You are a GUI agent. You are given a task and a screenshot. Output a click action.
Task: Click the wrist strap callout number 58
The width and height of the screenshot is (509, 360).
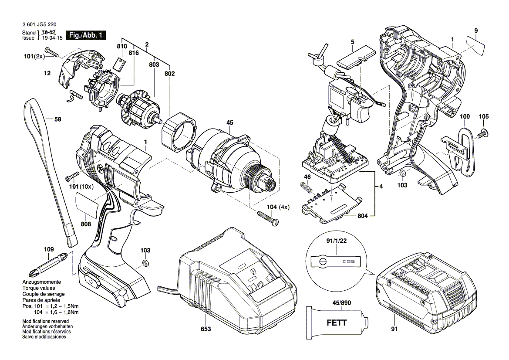[x=58, y=119]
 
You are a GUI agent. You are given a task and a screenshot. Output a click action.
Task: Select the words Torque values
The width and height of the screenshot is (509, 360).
[x=39, y=289]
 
